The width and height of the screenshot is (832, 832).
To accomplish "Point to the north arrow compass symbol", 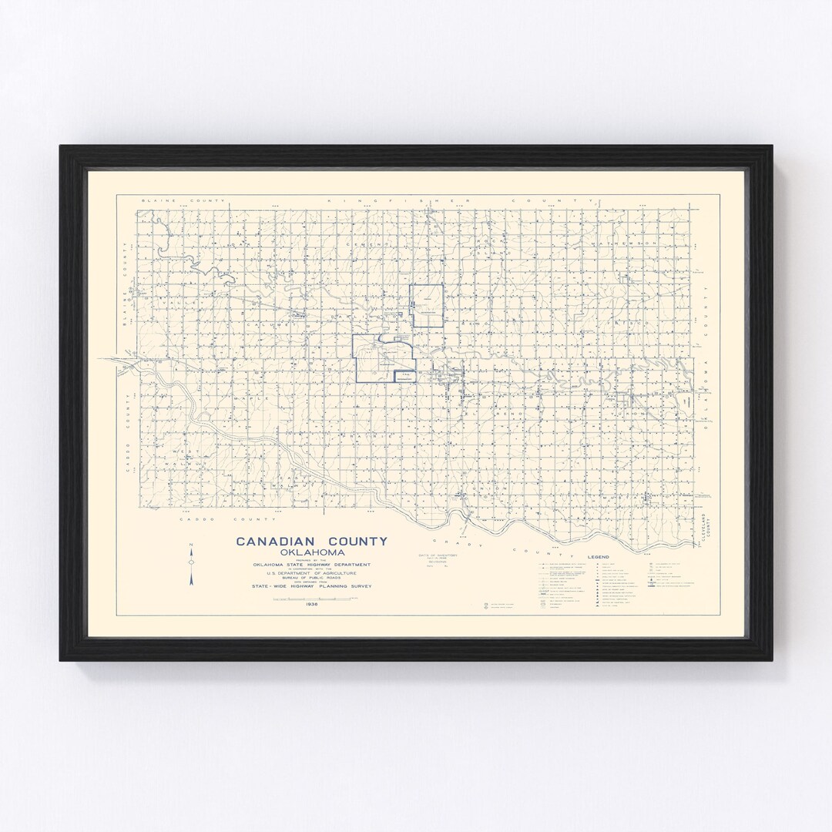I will click(190, 565).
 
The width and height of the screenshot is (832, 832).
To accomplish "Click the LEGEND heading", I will click(598, 556).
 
